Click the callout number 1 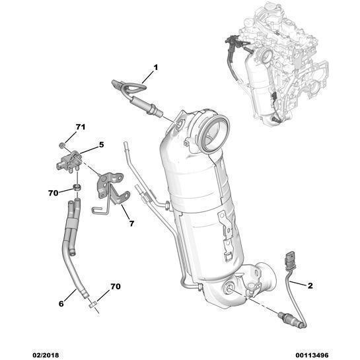point(156,67)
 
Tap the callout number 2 point(309,285)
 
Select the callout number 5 point(101,144)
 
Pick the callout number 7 point(131,224)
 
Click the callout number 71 point(80,127)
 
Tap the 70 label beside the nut point(54,194)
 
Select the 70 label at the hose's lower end point(115,287)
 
